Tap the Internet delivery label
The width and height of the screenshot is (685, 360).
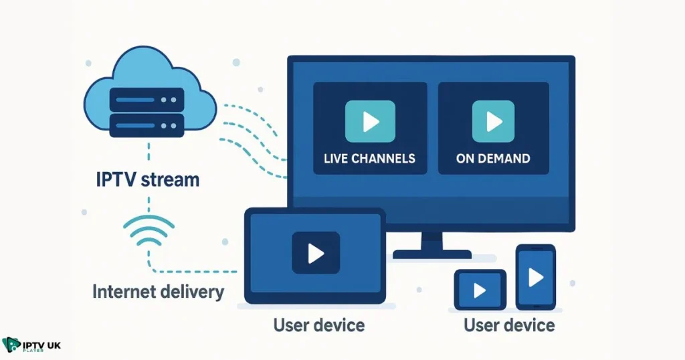pyautogui.click(x=159, y=292)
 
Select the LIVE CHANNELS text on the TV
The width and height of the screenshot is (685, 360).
pyautogui.click(x=369, y=159)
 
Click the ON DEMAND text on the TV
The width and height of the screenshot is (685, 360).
pyautogui.click(x=493, y=159)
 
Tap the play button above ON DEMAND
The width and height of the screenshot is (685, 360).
pyautogui.click(x=494, y=121)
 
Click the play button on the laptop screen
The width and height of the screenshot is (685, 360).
pyautogui.click(x=315, y=253)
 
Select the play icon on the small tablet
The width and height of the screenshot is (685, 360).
pyautogui.click(x=480, y=290)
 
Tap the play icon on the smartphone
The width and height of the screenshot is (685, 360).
pyautogui.click(x=535, y=277)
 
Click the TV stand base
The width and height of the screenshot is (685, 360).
pyautogui.click(x=431, y=254)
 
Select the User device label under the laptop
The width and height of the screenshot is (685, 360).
pyautogui.click(x=319, y=326)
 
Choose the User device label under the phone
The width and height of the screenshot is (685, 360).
pyautogui.click(x=509, y=326)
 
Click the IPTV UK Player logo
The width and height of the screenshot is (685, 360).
pyautogui.click(x=31, y=346)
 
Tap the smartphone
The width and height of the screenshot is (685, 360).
pyautogui.click(x=535, y=277)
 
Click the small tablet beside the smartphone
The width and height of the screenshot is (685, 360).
pyautogui.click(x=480, y=290)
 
